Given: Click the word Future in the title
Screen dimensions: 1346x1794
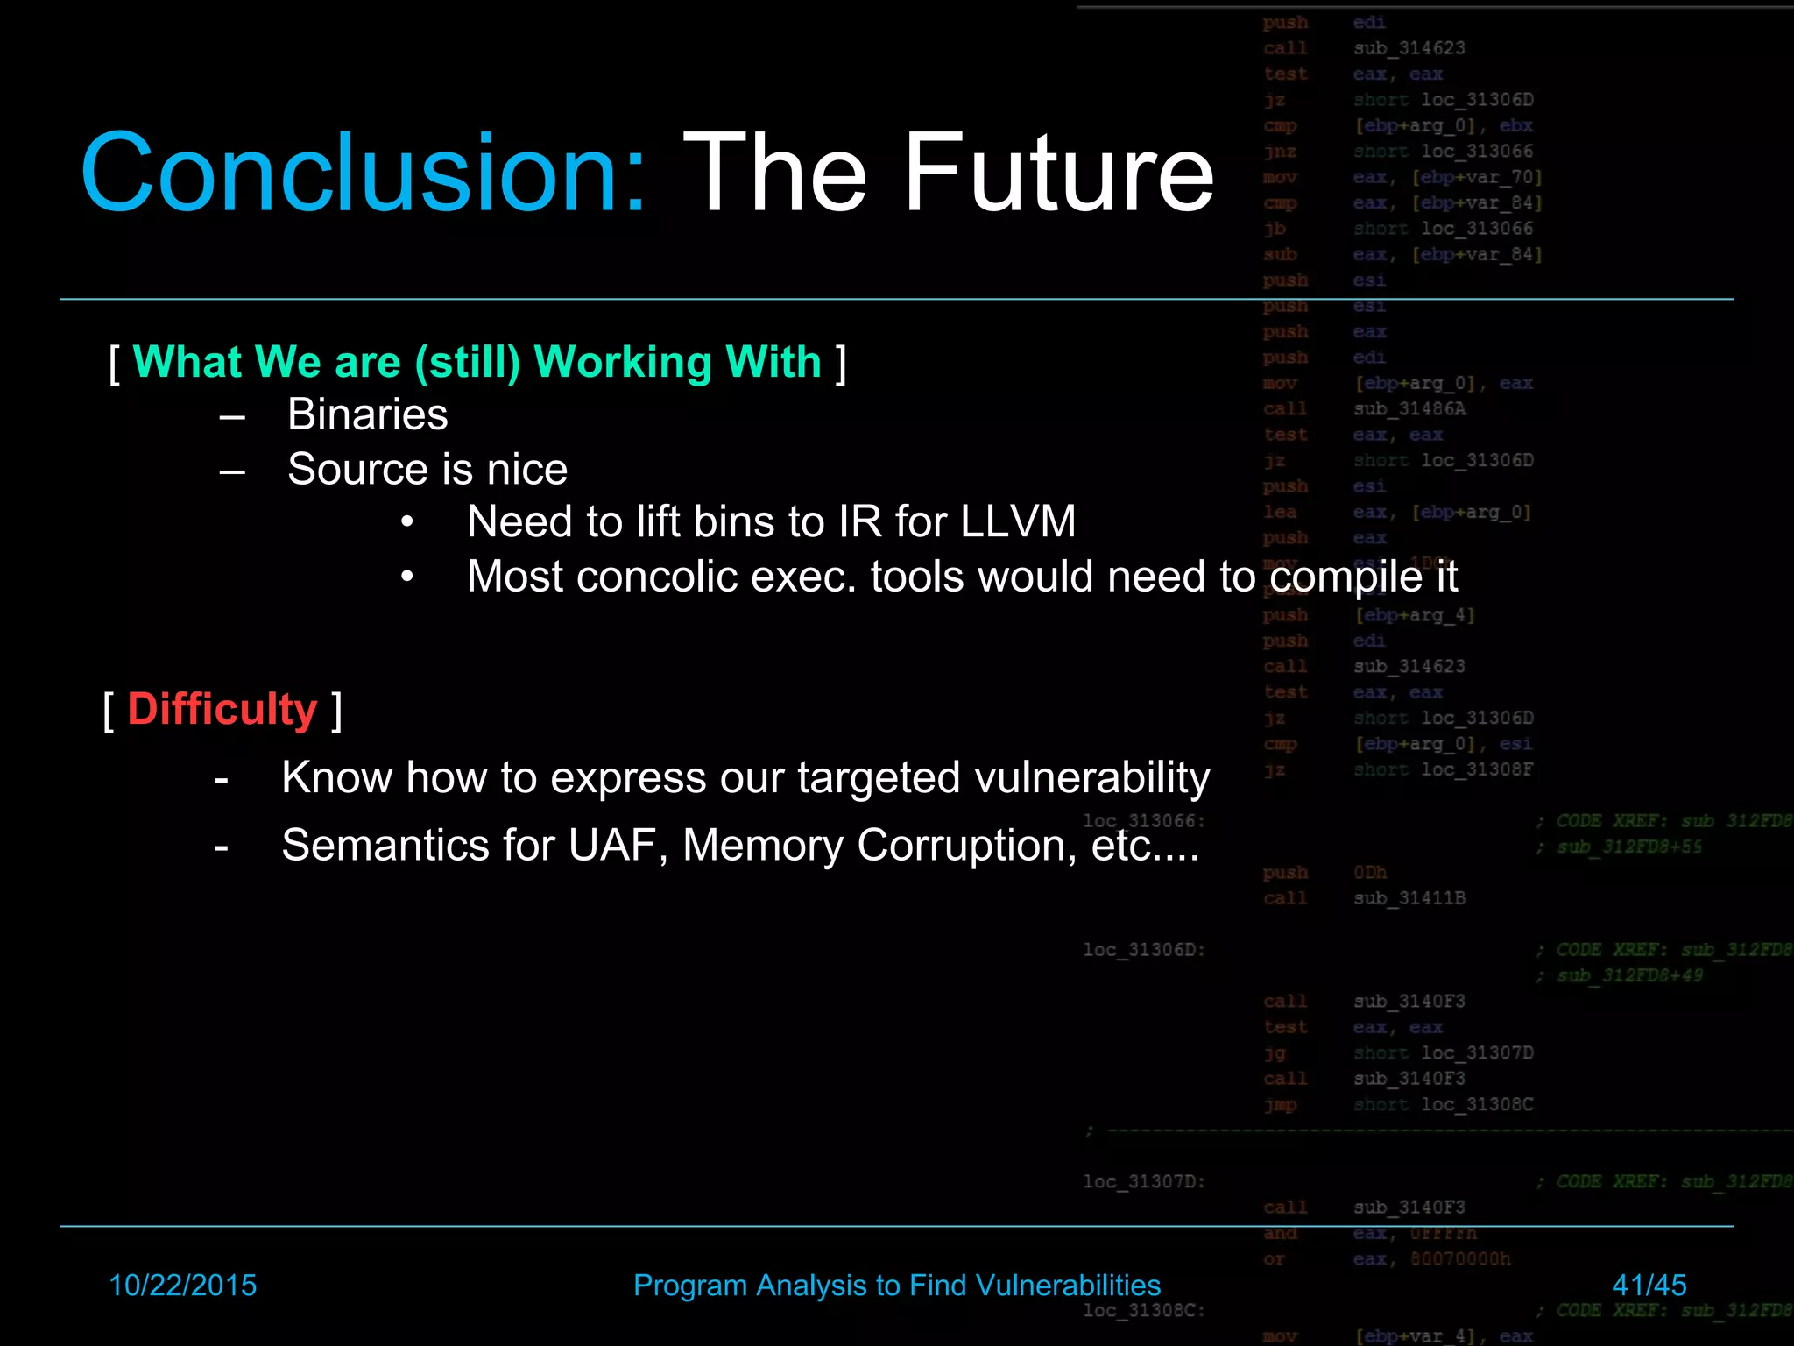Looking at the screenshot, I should point(1057,172).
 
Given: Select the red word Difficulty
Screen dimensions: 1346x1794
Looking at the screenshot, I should point(222,709).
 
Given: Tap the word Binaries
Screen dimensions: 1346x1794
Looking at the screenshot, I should point(367,414).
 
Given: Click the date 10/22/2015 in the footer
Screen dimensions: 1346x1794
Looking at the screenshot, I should point(182,1285).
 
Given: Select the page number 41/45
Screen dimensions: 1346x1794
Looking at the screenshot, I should point(1649,1285).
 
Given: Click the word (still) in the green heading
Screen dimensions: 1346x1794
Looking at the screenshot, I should point(467,362).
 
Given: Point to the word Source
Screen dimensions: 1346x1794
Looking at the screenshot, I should point(346,469).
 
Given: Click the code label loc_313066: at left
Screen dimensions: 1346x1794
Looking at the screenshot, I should point(1143,821).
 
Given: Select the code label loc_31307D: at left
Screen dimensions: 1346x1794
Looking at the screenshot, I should point(1143,1181).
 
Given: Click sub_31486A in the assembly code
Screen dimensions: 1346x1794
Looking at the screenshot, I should point(1409,409).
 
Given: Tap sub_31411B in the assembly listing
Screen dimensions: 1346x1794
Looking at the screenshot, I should point(1409,898).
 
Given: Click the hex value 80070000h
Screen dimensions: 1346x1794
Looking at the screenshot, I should point(1459,1259).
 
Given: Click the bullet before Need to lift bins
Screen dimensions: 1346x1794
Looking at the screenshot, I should point(406,522).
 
